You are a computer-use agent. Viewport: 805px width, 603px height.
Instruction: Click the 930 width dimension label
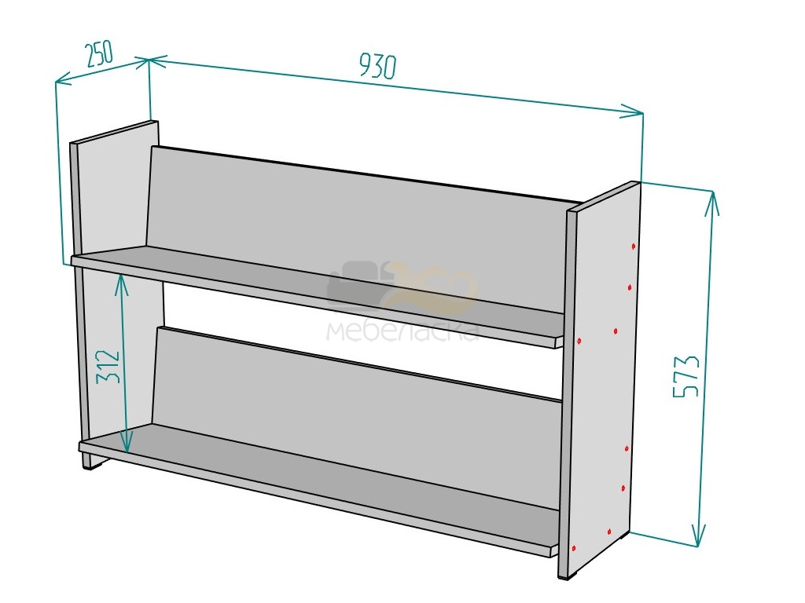pos(377,66)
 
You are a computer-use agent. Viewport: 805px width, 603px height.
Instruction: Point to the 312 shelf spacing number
pos(108,366)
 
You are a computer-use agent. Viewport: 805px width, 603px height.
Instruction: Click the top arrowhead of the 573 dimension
pos(711,203)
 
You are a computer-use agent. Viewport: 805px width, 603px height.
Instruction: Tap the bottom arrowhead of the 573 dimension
pos(698,535)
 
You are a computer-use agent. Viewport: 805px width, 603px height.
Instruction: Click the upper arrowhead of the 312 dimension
pos(120,284)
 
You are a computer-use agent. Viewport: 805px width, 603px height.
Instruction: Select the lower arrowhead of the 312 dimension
pos(127,442)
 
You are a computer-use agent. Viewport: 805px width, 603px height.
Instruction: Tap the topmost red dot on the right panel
pos(634,247)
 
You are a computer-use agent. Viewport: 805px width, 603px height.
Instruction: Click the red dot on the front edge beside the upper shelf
pos(579,341)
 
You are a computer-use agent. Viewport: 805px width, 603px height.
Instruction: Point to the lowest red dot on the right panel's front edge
pos(575,547)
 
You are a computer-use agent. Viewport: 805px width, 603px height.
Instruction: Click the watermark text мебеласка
pos(403,331)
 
